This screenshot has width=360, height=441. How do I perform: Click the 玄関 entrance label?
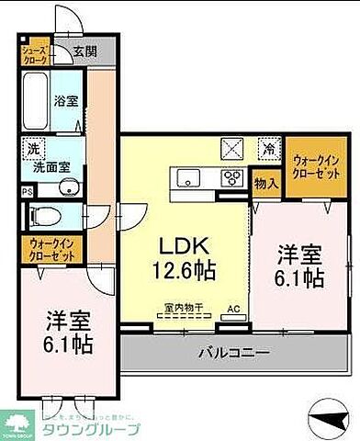(84, 51)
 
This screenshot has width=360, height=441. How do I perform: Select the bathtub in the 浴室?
(37, 98)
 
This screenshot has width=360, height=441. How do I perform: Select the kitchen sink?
(184, 177)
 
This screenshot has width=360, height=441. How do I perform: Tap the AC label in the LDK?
(232, 309)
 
